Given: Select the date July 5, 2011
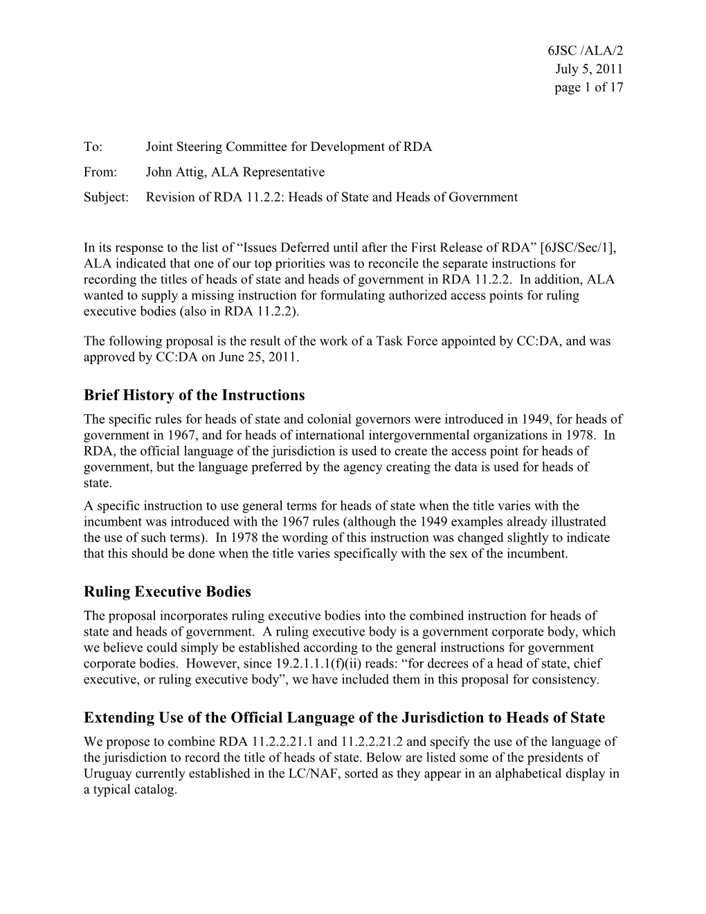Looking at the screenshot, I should [589, 69].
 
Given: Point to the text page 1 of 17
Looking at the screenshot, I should [588, 87].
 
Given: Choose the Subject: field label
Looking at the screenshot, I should [106, 197].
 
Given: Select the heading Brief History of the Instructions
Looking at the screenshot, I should [194, 395].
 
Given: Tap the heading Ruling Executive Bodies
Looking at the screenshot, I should [167, 592].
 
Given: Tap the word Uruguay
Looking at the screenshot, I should [106, 773].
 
